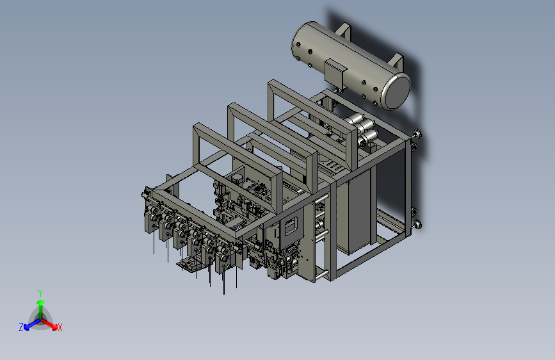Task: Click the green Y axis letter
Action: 40,293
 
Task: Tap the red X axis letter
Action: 60,328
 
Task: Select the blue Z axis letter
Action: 21,327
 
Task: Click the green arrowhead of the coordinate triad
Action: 41,303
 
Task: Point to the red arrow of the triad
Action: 49,324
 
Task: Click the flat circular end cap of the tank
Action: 398,92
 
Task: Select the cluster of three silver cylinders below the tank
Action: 363,131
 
